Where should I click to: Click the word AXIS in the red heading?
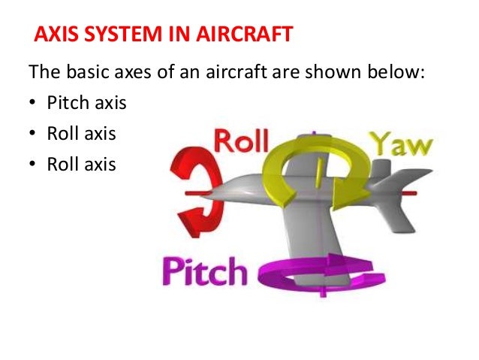[58, 35]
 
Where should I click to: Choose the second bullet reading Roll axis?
[82, 133]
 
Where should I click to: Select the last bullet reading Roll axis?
[82, 162]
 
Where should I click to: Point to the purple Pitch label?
[207, 270]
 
